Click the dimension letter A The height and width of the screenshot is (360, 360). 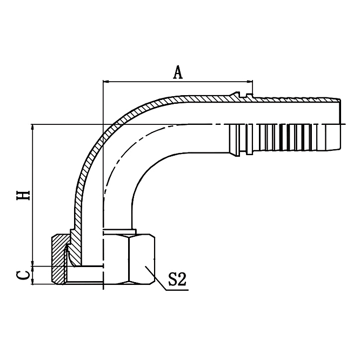178,72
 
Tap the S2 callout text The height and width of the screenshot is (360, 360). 176,280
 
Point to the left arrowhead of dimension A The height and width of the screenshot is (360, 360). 106,82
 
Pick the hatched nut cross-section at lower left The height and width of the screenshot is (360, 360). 58,259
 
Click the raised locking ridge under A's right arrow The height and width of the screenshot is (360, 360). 250,97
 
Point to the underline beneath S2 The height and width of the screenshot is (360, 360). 176,290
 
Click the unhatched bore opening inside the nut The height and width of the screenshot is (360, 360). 86,275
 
